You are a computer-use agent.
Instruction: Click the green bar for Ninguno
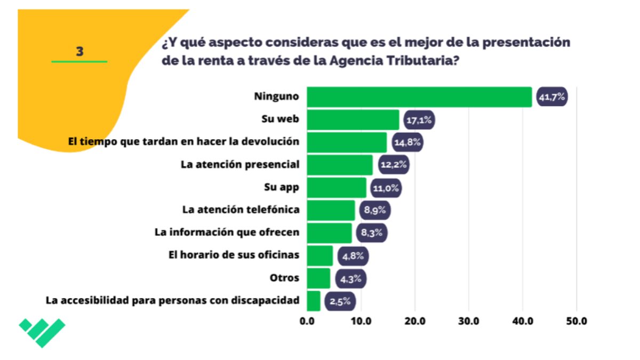(x=419, y=97)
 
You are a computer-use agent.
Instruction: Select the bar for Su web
(x=353, y=119)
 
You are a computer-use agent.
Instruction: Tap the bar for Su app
(x=337, y=188)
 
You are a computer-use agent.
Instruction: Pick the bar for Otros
(x=318, y=278)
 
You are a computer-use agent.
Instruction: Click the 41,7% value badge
(x=551, y=97)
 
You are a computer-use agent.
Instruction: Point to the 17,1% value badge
(x=419, y=119)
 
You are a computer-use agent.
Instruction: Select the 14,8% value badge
(x=407, y=142)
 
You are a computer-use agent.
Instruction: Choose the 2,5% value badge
(x=340, y=301)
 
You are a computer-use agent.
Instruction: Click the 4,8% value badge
(x=353, y=256)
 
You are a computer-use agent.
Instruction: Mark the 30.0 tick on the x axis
(x=469, y=321)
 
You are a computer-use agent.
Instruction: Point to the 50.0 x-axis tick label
(x=577, y=321)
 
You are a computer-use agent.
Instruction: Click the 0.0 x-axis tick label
(x=307, y=321)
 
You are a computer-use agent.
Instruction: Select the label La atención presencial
(x=240, y=164)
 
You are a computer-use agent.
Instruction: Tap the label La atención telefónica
(x=241, y=210)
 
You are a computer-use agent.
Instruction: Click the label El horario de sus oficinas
(x=234, y=255)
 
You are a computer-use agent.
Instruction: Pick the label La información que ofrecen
(x=227, y=233)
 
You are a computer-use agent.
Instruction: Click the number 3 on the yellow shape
(x=79, y=52)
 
